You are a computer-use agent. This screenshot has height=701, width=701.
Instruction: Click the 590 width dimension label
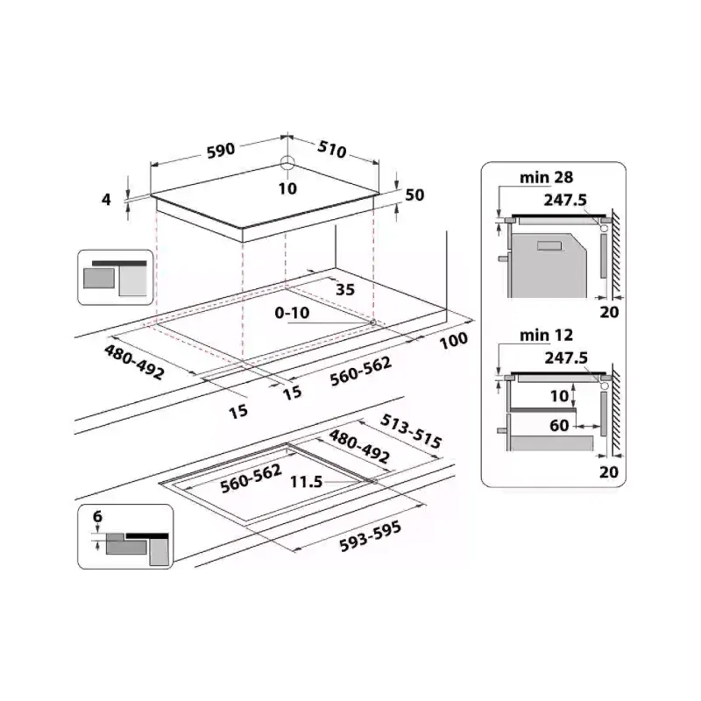(x=221, y=150)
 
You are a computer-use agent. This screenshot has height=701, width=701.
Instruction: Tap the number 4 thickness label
(x=107, y=199)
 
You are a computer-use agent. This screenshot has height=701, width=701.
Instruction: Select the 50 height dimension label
(x=414, y=195)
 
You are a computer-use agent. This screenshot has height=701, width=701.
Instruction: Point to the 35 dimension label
(x=344, y=291)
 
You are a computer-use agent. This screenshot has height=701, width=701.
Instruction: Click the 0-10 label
(x=291, y=313)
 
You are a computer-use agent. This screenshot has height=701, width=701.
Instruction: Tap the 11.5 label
(x=306, y=481)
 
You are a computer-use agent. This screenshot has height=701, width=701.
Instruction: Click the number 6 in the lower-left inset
(x=97, y=517)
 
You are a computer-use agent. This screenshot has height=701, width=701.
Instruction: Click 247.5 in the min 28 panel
(x=564, y=199)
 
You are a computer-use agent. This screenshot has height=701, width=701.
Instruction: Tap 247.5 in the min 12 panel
(x=564, y=358)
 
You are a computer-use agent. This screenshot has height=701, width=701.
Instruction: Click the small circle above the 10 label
(x=288, y=166)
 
